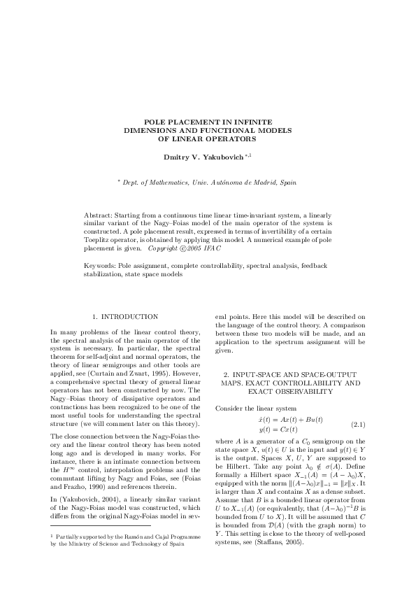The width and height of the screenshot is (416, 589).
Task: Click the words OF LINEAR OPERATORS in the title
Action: pyautogui.click(x=208, y=138)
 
